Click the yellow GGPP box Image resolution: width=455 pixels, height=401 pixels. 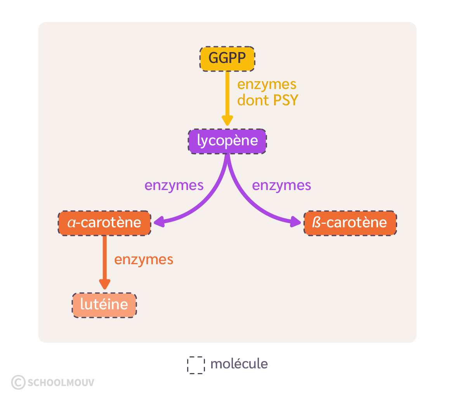coord(227,59)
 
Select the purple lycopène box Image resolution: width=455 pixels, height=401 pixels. coord(227,141)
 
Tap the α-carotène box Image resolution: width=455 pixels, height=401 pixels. coord(104,223)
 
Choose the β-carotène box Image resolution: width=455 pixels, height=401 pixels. coord(350,223)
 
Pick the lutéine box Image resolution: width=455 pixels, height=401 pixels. coord(104,305)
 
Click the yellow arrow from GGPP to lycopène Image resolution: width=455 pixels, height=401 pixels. coord(227,97)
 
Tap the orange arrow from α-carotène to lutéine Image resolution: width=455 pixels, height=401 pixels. coord(104,260)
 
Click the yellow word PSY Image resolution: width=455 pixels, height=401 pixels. coord(285,100)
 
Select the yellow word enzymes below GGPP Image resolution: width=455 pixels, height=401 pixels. coord(267,84)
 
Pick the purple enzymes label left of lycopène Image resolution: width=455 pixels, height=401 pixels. coord(174,186)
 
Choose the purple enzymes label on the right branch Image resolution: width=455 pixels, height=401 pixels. coord(281,186)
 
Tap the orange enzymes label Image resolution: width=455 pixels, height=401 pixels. coord(144,260)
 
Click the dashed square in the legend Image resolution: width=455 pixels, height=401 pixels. coord(196,365)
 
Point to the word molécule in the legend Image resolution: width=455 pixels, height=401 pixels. coord(239,364)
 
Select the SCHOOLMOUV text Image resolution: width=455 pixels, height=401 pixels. coord(61,383)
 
